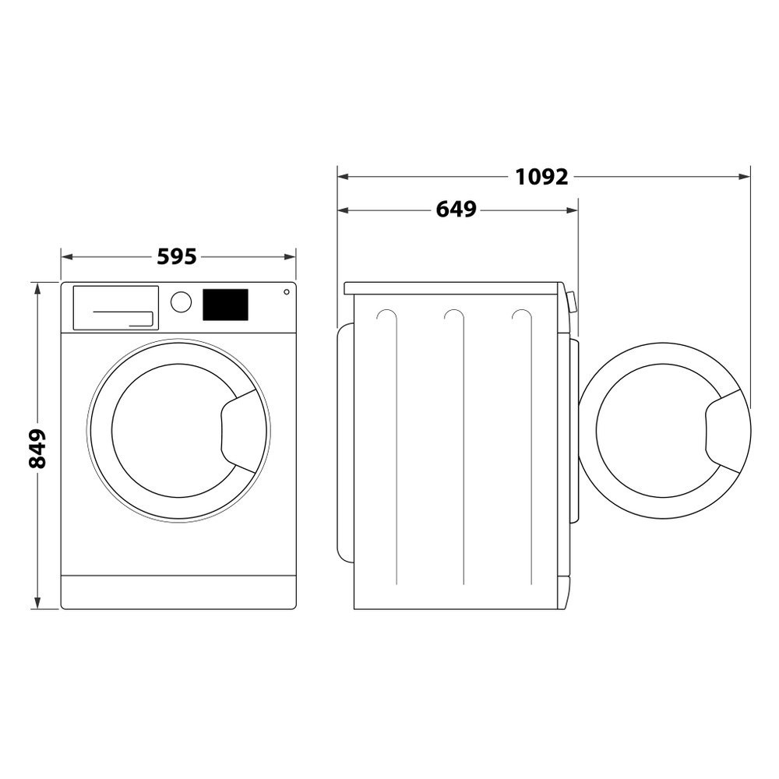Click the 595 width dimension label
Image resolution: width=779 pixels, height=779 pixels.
[177, 256]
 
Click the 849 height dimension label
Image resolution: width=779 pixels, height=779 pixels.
[37, 448]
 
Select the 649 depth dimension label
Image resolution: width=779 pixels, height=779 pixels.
[456, 210]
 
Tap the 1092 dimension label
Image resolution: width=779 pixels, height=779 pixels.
[541, 177]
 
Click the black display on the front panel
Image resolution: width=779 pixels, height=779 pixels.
[225, 305]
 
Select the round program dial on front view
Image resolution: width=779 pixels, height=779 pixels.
[181, 302]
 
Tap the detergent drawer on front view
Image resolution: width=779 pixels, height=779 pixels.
[115, 308]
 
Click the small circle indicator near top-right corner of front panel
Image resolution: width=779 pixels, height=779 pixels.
[286, 292]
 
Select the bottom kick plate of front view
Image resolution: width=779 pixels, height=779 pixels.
[178, 592]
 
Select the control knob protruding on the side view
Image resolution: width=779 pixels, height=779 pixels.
[573, 301]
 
